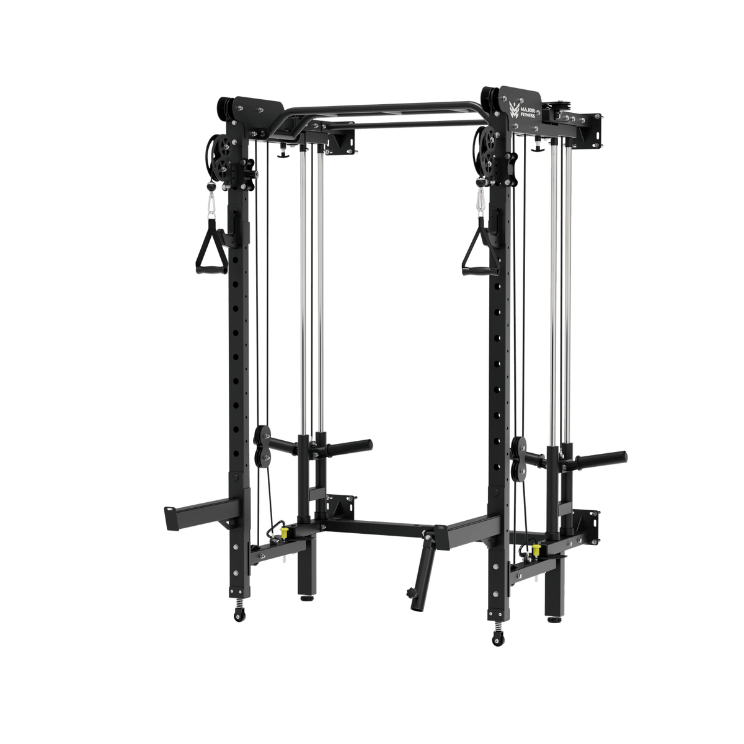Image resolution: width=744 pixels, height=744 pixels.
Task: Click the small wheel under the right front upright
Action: coord(497,637)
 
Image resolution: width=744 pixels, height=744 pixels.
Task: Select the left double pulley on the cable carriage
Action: coord(263,446)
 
